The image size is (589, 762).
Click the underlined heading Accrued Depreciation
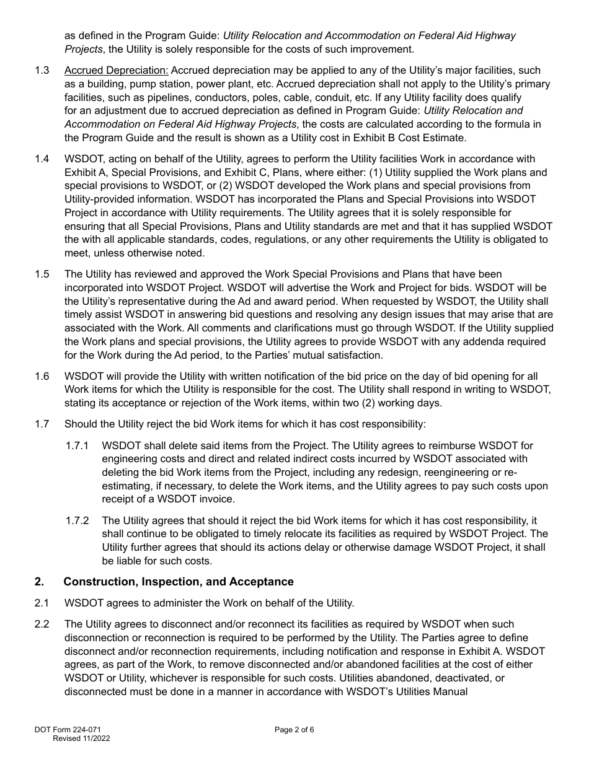coord(116,71)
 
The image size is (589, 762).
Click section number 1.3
coord(42,71)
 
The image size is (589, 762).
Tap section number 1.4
coord(42,159)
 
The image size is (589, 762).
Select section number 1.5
coord(42,274)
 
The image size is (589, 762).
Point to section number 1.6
coord(42,377)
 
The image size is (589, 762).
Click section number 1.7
coord(42,424)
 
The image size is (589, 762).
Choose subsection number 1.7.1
coord(77,446)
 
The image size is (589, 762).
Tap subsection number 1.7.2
coord(77,521)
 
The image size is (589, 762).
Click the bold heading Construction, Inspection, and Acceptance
coord(179,582)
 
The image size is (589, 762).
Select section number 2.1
coord(42,603)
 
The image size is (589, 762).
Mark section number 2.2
coord(42,624)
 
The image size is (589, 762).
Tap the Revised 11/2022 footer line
coord(82,738)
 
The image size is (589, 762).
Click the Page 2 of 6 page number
coord(294,730)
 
